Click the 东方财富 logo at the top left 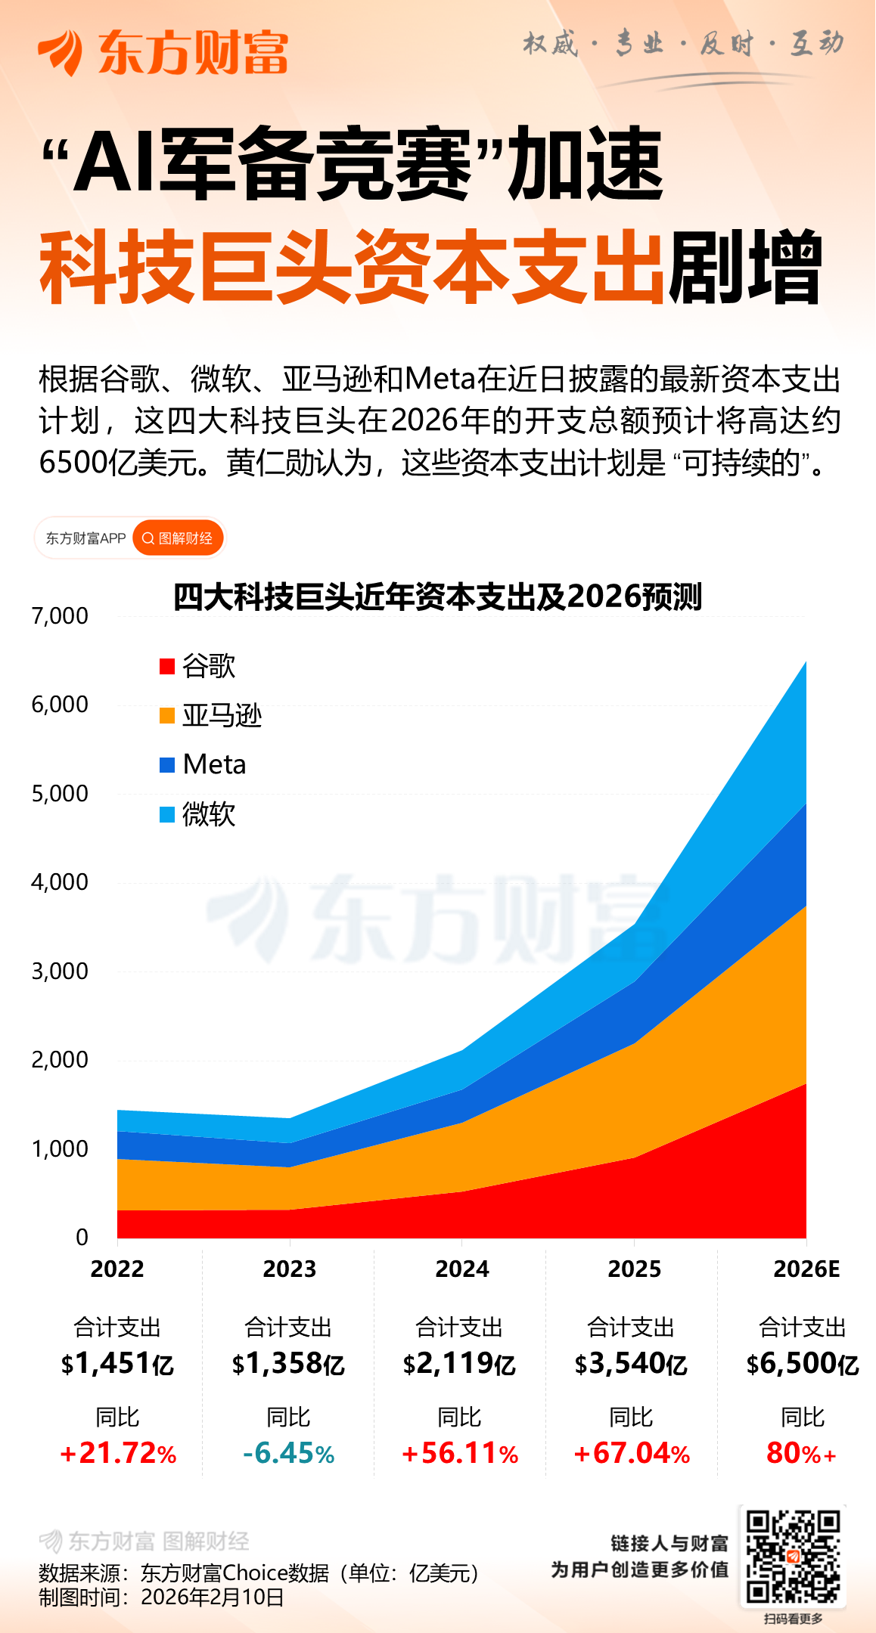click(x=163, y=52)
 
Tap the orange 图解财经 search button click(x=178, y=538)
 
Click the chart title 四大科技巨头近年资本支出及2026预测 click(x=437, y=596)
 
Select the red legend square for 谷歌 click(x=167, y=666)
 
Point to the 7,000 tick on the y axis click(x=60, y=616)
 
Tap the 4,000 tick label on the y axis click(x=60, y=882)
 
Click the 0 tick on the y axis click(x=82, y=1237)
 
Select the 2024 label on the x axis click(x=461, y=1269)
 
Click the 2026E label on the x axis click(x=806, y=1269)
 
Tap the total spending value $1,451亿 click(x=117, y=1364)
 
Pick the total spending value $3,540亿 click(x=631, y=1364)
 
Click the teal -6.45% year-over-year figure click(x=288, y=1453)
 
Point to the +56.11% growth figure click(x=459, y=1453)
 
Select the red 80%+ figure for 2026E click(x=801, y=1453)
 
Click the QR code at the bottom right click(x=793, y=1556)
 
